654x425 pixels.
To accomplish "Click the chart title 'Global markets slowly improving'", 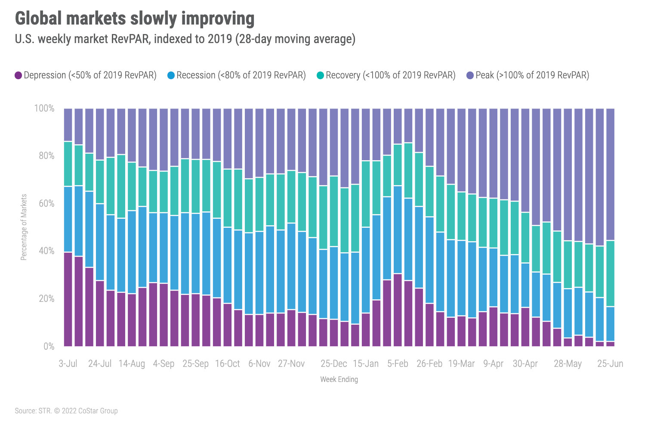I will coord(135,19).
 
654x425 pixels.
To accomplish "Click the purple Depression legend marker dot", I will coord(18,75).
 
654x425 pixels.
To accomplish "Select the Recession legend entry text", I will coord(241,75).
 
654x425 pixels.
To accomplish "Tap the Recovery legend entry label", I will coord(390,75).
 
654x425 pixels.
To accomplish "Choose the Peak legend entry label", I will coord(532,75).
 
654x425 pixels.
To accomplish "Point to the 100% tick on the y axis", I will coord(44,109).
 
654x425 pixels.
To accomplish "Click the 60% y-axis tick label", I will coord(46,203).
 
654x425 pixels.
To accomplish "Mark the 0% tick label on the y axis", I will coord(49,346).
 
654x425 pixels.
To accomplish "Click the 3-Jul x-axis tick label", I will coord(68,363).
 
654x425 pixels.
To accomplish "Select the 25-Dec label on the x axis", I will coord(333,363).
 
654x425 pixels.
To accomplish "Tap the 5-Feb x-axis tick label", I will coord(398,363).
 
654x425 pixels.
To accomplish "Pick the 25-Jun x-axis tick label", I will coord(610,363).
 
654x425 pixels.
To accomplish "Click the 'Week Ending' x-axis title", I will coord(339,379).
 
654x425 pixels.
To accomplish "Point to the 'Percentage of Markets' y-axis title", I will coord(24,227).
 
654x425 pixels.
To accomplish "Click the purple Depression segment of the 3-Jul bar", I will coord(68,299).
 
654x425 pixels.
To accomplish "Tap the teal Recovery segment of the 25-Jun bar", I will coord(610,273).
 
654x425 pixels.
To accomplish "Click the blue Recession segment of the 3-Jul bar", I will coord(68,219).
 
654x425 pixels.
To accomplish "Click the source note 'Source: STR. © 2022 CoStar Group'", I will coord(66,411).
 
